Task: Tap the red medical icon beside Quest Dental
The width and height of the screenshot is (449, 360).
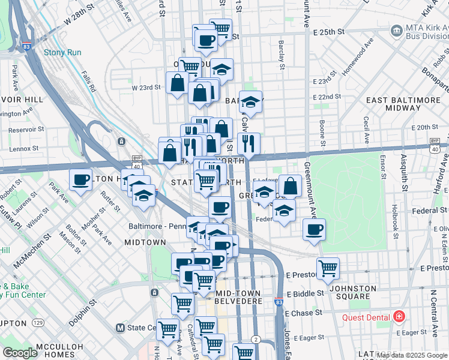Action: [x=399, y=317]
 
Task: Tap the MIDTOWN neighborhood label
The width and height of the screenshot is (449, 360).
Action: [x=145, y=242]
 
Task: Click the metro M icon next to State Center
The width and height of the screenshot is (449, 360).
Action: [x=120, y=328]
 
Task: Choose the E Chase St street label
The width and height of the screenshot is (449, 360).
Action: [x=303, y=313]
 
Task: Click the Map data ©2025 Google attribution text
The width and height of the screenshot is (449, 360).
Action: [x=412, y=355]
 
